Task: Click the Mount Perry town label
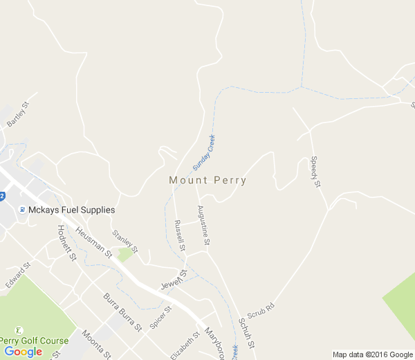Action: pos(207,180)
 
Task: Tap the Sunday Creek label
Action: pos(204,152)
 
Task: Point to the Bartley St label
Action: pos(19,115)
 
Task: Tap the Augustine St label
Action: pos(203,226)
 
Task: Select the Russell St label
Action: pos(180,235)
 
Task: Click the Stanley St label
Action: pos(125,242)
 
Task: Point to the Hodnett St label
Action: pos(66,243)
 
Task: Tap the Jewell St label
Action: pos(174,279)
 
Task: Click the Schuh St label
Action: pos(247,333)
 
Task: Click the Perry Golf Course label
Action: pos(34,341)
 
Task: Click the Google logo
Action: pos(23,352)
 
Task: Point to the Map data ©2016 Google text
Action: pos(373,354)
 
